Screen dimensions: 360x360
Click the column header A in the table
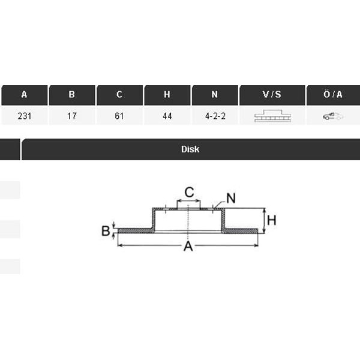pyautogui.click(x=24, y=95)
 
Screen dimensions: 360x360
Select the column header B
pyautogui.click(x=72, y=95)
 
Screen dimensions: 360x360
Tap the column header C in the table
pyautogui.click(x=119, y=95)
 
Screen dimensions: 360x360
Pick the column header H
pyautogui.click(x=167, y=95)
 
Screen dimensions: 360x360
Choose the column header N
pyautogui.click(x=215, y=95)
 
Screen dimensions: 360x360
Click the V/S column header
pyautogui.click(x=272, y=95)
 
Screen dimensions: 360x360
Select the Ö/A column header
pyautogui.click(x=333, y=95)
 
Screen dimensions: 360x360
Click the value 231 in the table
pyautogui.click(x=24, y=116)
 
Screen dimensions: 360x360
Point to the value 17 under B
pyautogui.click(x=72, y=116)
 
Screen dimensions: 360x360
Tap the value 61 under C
pyautogui.click(x=119, y=116)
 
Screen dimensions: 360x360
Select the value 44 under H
pyautogui.click(x=167, y=116)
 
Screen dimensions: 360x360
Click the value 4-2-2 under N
pyautogui.click(x=215, y=116)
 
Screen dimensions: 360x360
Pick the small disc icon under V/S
pyautogui.click(x=272, y=116)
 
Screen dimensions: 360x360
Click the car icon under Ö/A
pyautogui.click(x=333, y=116)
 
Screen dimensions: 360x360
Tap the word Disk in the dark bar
pyautogui.click(x=190, y=149)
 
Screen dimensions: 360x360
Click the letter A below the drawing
pyautogui.click(x=188, y=246)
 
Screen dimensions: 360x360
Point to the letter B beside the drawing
pyautogui.click(x=106, y=230)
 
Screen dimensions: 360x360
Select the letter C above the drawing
pyautogui.click(x=189, y=193)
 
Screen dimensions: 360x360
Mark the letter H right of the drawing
pyautogui.click(x=271, y=220)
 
